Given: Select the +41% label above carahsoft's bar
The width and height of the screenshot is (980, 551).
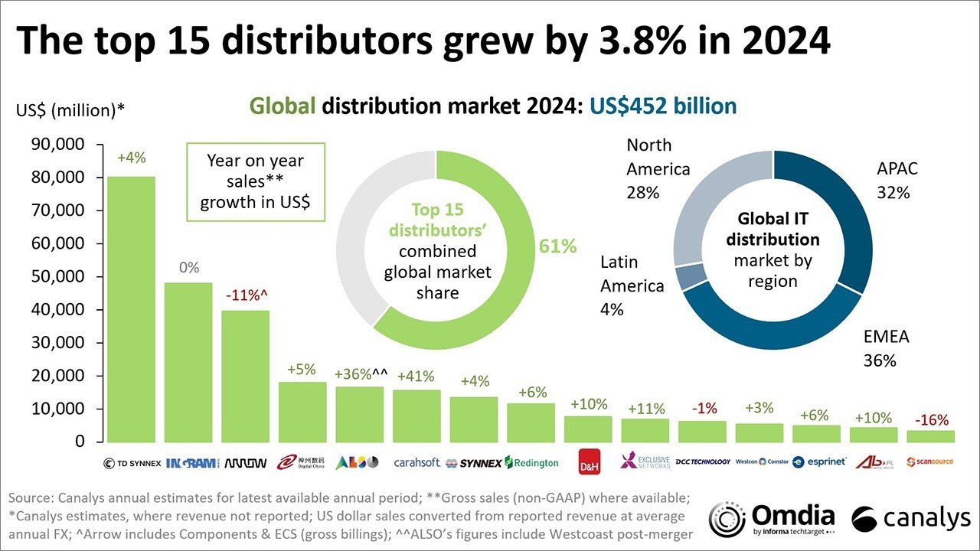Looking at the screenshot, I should click(x=416, y=377).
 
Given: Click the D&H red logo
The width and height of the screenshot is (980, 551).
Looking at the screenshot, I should click(x=589, y=462).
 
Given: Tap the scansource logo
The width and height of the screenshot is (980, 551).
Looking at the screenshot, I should click(x=930, y=462).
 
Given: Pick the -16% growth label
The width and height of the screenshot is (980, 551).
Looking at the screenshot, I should click(x=931, y=420).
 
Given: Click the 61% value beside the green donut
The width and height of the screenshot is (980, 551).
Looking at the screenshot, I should click(x=557, y=246).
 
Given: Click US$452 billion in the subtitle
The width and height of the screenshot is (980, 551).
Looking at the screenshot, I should click(x=662, y=106).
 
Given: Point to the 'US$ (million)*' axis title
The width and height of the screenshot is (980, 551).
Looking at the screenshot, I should click(x=70, y=111).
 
